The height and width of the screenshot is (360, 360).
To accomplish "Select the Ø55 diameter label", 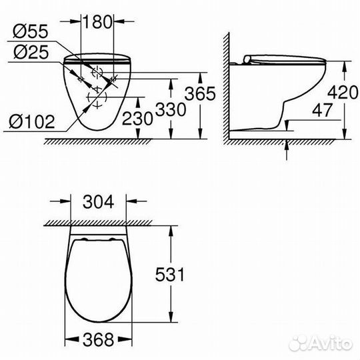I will click(x=29, y=31).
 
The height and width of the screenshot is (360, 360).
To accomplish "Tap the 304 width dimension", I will click(x=98, y=199).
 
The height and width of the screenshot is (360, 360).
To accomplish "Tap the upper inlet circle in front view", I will click(x=97, y=71).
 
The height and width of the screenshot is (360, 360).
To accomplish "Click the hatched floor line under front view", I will click(x=100, y=142).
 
